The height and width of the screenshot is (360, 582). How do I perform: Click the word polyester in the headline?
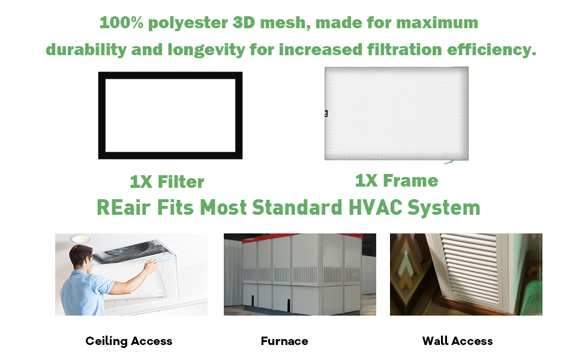pos(181,23)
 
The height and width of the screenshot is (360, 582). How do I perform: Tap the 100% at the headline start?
pos(119,23)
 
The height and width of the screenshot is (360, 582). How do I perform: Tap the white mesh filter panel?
pos(396,114)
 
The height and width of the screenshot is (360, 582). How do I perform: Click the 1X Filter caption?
pos(167,182)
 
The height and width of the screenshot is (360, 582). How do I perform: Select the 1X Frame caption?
pos(397,181)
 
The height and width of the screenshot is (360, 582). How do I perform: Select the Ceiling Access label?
pos(129,341)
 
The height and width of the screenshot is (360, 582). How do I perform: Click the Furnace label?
pos(284,341)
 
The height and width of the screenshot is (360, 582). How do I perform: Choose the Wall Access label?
pos(457,341)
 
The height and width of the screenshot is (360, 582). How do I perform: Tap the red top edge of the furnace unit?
pos(300,236)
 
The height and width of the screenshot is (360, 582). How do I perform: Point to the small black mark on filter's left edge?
pos(326,112)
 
